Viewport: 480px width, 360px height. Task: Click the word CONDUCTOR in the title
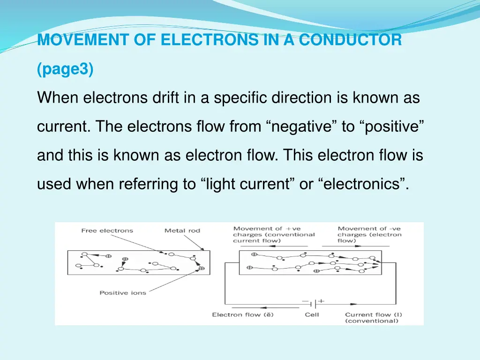pyautogui.click(x=351, y=40)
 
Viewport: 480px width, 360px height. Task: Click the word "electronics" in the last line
pyautogui.click(x=363, y=185)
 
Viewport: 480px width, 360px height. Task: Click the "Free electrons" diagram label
pyautogui.click(x=107, y=231)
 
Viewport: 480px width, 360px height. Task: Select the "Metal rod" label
pyautogui.click(x=182, y=231)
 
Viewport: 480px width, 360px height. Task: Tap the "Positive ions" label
pyautogui.click(x=123, y=293)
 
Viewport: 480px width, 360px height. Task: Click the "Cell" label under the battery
pyautogui.click(x=312, y=315)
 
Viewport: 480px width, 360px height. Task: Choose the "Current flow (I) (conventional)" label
pyautogui.click(x=373, y=318)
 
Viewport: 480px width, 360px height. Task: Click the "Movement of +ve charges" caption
pyautogui.click(x=274, y=234)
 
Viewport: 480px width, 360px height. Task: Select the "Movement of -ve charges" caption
pyautogui.click(x=369, y=234)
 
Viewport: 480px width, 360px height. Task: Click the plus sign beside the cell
pyautogui.click(x=322, y=301)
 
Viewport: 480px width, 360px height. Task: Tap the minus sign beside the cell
pyautogui.click(x=306, y=301)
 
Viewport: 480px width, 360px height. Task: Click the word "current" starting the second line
pyautogui.click(x=64, y=127)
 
